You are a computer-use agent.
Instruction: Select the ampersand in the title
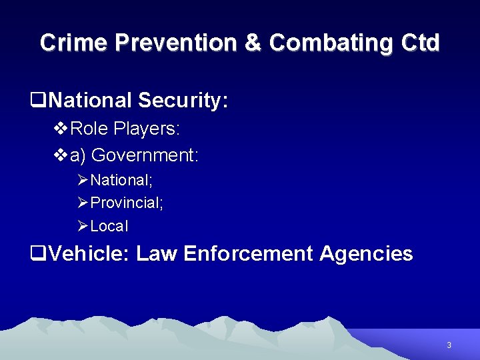tap(253, 43)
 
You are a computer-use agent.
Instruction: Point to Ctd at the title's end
tap(421, 43)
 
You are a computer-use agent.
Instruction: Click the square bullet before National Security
tap(39, 101)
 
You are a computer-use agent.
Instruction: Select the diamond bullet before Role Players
tap(60, 127)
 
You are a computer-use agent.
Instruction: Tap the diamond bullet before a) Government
tap(60, 155)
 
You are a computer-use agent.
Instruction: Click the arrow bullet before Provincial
tap(83, 203)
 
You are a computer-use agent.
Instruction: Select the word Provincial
tap(127, 203)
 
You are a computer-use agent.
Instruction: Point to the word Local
tap(109, 226)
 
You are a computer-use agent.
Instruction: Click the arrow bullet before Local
tap(83, 226)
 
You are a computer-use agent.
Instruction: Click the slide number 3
tap(449, 345)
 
